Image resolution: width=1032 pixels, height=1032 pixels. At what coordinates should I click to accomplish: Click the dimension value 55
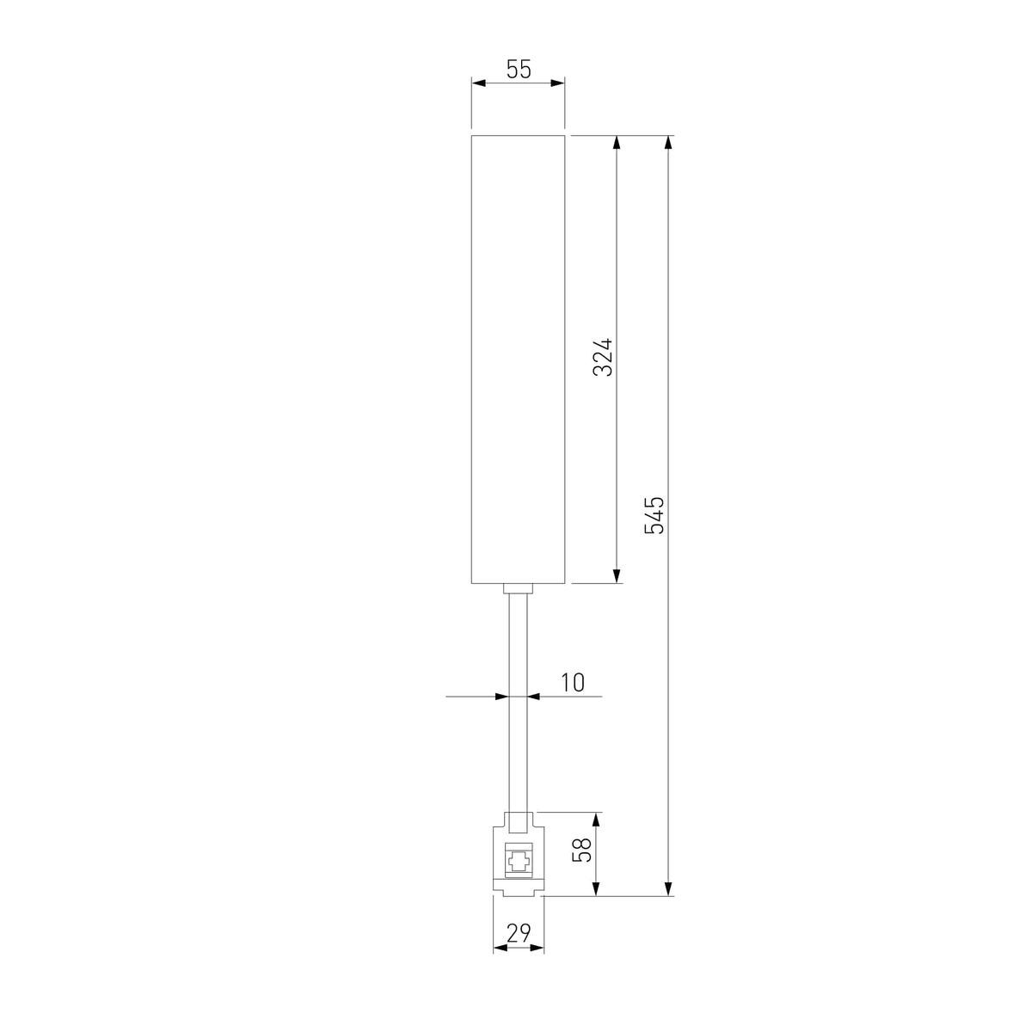pyautogui.click(x=518, y=70)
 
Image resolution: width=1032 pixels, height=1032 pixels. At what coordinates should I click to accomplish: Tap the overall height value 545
pyautogui.click(x=655, y=514)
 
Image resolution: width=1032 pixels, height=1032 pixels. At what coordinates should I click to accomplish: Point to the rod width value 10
pyautogui.click(x=573, y=683)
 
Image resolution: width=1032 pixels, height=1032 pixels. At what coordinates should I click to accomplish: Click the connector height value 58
pyautogui.click(x=583, y=851)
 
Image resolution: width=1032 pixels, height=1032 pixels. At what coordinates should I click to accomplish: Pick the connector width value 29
pyautogui.click(x=518, y=932)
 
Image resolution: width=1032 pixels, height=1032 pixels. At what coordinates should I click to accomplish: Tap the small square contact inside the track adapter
pyautogui.click(x=518, y=861)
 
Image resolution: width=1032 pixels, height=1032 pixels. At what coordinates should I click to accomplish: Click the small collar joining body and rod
pyautogui.click(x=518, y=589)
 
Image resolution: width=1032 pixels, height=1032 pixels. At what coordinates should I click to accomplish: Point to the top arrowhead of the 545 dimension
pyautogui.click(x=668, y=143)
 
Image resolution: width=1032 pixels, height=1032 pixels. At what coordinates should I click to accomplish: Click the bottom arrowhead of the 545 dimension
pyautogui.click(x=668, y=888)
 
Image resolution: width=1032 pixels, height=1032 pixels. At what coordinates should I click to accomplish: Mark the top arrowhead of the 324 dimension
pyautogui.click(x=617, y=143)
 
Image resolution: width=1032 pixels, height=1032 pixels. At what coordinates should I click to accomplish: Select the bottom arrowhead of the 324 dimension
pyautogui.click(x=617, y=575)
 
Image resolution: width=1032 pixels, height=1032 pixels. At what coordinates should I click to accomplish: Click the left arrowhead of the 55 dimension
pyautogui.click(x=478, y=83)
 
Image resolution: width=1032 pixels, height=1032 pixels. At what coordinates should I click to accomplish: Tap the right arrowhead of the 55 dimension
pyautogui.click(x=558, y=83)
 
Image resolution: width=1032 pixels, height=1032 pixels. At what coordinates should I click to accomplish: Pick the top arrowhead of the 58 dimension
pyautogui.click(x=597, y=819)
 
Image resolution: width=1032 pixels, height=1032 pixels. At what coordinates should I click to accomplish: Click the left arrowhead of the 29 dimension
pyautogui.click(x=499, y=949)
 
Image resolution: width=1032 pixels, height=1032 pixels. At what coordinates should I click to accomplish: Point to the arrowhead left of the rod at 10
pyautogui.click(x=503, y=697)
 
